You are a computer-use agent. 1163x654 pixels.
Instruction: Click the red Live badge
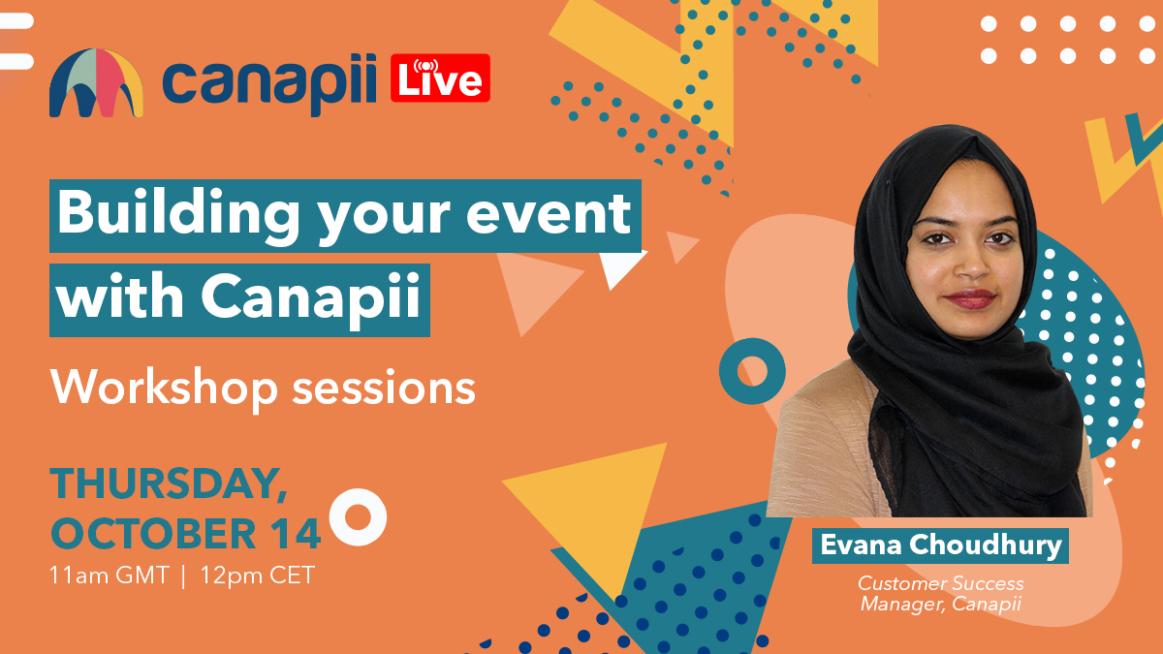pyautogui.click(x=440, y=78)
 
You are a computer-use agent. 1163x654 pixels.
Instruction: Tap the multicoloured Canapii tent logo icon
pyautogui.click(x=96, y=83)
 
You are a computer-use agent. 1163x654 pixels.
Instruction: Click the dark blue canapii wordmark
pyautogui.click(x=269, y=83)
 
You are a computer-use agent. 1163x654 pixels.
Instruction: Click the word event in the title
pyautogui.click(x=549, y=214)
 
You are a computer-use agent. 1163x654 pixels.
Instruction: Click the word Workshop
pyautogui.click(x=164, y=389)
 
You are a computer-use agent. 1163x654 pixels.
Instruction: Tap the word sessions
pyautogui.click(x=384, y=390)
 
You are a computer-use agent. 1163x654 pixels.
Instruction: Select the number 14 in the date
pyautogui.click(x=299, y=534)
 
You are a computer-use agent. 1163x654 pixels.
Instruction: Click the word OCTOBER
pyautogui.click(x=153, y=534)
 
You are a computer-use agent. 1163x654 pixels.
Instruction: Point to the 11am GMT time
pyautogui.click(x=109, y=576)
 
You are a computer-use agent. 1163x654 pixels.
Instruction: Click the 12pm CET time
pyautogui.click(x=258, y=576)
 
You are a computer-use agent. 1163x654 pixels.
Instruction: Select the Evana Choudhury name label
pyautogui.click(x=940, y=545)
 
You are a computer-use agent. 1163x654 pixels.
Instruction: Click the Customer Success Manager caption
pyautogui.click(x=941, y=593)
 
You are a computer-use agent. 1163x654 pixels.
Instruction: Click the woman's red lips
pyautogui.click(x=969, y=299)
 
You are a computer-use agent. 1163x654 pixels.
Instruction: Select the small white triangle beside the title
pyautogui.click(x=619, y=266)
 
